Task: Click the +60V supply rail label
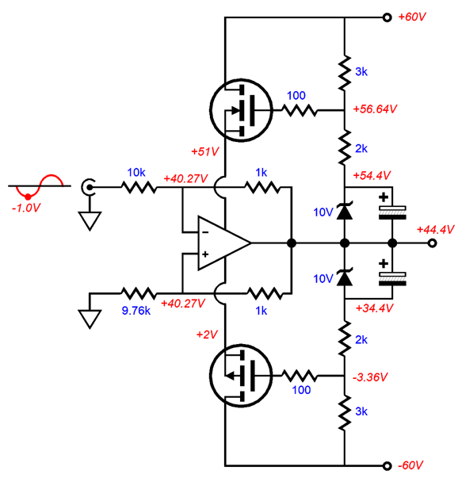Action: click(x=412, y=17)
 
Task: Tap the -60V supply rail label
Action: click(x=410, y=465)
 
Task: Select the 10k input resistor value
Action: click(x=136, y=173)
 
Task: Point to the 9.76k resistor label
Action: click(x=136, y=311)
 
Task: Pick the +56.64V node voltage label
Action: click(x=375, y=109)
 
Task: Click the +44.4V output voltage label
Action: click(x=435, y=229)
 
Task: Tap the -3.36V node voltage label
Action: click(x=370, y=377)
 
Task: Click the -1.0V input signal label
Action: click(x=26, y=208)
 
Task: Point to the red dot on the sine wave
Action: click(x=28, y=197)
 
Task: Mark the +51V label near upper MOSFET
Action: click(x=204, y=151)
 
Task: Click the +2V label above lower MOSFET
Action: click(x=207, y=335)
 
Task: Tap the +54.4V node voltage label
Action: click(x=372, y=175)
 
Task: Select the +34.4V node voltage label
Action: click(x=374, y=308)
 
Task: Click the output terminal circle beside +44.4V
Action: click(x=432, y=243)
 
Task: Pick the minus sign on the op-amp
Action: click(x=205, y=232)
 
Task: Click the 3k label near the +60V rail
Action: click(x=361, y=71)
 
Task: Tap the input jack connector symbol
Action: click(x=88, y=186)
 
